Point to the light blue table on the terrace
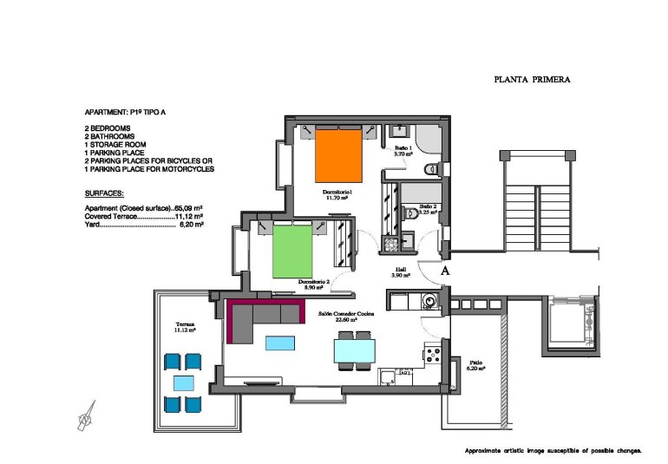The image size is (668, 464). click(x=183, y=382)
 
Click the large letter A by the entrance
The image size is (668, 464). click(x=444, y=271)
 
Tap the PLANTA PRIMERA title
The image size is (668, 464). click(x=532, y=79)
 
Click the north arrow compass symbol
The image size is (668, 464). click(x=86, y=418)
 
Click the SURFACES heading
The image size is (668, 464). click(x=104, y=193)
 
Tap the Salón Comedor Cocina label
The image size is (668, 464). click(x=347, y=316)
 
